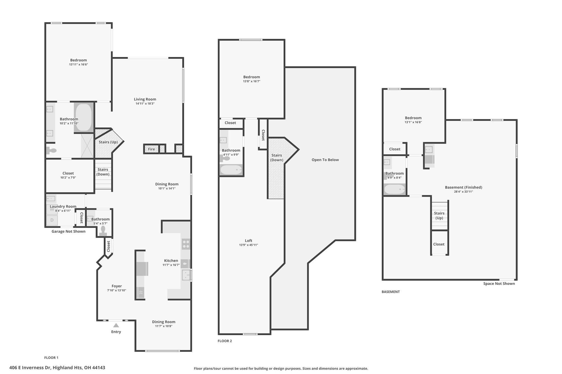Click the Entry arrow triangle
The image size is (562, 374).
pyautogui.click(x=116, y=325)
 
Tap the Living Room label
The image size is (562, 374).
pyautogui.click(x=145, y=99)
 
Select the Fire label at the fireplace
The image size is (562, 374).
pyautogui.click(x=151, y=149)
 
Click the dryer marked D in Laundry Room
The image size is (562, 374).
pyautogui.click(x=52, y=220)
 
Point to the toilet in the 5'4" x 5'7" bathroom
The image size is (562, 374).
pyautogui.click(x=103, y=231)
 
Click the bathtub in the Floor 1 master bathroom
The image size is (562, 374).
pyautogui.click(x=83, y=118)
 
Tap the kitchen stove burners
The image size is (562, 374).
pyautogui.click(x=186, y=244)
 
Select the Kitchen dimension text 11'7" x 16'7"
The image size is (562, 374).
pyautogui.click(x=171, y=265)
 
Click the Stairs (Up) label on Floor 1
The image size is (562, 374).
pyautogui.click(x=108, y=142)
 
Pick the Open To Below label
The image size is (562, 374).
pyautogui.click(x=325, y=160)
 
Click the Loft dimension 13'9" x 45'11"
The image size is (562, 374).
pyautogui.click(x=249, y=245)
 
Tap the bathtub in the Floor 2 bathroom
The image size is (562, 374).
pyautogui.click(x=231, y=170)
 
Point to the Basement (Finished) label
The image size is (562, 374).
pyautogui.click(x=463, y=187)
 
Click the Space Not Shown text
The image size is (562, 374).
pyautogui.click(x=499, y=284)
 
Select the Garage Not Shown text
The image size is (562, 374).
pyautogui.click(x=69, y=232)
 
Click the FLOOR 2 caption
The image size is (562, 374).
pyautogui.click(x=225, y=341)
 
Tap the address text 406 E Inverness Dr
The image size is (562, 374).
pyautogui.click(x=30, y=368)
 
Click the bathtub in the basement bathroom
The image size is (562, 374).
pyautogui.click(x=395, y=189)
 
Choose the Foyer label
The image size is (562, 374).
pyautogui.click(x=117, y=286)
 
